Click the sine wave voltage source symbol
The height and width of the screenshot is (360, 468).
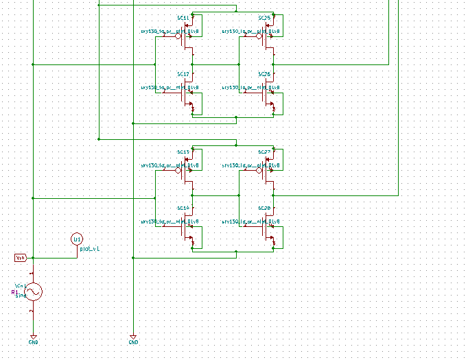coord(33,292)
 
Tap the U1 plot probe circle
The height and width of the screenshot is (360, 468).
coord(77,239)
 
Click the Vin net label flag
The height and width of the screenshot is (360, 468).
coord(21,258)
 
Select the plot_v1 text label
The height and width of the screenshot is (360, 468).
coord(90,250)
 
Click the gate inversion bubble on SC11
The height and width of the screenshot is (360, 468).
coord(178,37)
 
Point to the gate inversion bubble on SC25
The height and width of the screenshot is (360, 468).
coord(259,37)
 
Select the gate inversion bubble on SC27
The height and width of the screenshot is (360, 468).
coord(259,171)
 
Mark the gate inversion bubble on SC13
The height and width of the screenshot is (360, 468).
coord(178,171)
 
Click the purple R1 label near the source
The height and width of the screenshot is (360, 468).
coord(14,292)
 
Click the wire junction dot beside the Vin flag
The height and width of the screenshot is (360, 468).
coord(33,258)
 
